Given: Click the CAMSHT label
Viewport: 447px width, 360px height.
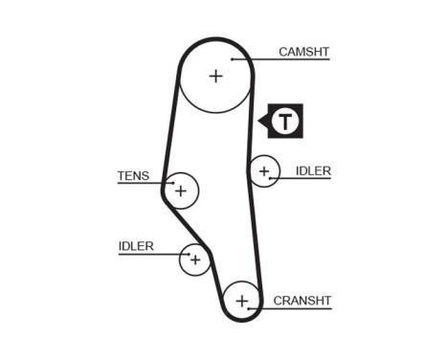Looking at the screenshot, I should coord(303,51).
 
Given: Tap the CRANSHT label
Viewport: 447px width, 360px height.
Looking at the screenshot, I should coord(302,300).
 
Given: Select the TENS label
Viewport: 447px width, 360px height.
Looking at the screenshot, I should coord(133,175).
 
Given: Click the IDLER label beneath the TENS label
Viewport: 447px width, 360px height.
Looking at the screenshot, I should coord(136,246).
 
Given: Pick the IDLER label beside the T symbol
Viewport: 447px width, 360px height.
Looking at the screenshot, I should coord(313,170).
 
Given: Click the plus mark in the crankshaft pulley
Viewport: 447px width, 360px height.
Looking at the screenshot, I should coord(242,303).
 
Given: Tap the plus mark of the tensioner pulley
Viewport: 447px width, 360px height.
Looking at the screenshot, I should coord(180,191).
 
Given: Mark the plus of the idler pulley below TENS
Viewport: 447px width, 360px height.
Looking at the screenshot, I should coord(195,259).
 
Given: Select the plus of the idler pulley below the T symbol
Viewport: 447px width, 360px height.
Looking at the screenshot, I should coord(263,172).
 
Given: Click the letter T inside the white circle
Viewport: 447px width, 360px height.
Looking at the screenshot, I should coord(285,121).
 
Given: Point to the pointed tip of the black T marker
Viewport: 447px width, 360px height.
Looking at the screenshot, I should coord(258,121).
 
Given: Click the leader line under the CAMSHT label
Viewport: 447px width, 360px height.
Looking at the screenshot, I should coord(287,59).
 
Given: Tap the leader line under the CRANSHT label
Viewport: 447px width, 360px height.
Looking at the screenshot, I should coord(292,308).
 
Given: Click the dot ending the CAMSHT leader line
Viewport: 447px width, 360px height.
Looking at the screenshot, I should coord(232,59).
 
